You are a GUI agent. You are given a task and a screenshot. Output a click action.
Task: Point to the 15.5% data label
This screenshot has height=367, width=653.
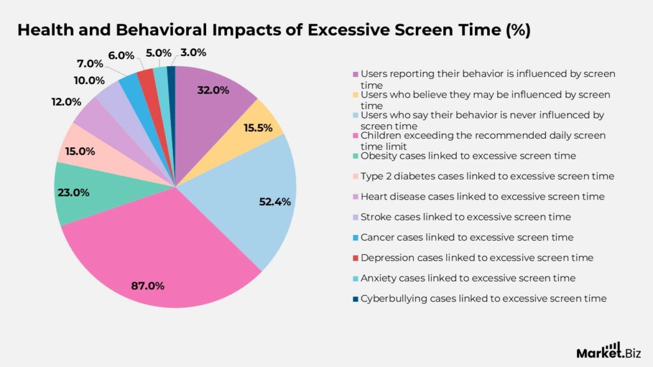258,128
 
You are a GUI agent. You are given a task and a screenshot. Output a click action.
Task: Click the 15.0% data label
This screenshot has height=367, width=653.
80,151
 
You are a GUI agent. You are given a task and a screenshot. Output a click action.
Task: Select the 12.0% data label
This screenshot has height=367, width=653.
66,101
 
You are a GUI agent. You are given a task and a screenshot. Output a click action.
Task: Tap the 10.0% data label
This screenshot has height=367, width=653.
89,80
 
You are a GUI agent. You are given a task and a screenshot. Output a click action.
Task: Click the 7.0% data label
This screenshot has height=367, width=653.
89,64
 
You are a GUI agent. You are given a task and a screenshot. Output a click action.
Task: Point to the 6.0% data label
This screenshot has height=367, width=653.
122,55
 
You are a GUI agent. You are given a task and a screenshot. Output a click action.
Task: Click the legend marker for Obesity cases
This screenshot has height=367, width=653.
356,156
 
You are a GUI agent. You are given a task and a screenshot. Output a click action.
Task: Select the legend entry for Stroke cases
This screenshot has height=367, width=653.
466,217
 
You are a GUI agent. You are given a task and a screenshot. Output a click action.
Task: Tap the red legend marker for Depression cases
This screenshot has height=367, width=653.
356,258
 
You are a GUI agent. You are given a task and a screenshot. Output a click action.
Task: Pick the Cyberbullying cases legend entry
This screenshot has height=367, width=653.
483,299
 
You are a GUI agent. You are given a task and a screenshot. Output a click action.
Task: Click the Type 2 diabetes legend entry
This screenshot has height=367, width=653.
487,176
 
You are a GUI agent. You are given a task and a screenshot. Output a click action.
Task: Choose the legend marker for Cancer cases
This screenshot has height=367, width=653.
356,238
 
